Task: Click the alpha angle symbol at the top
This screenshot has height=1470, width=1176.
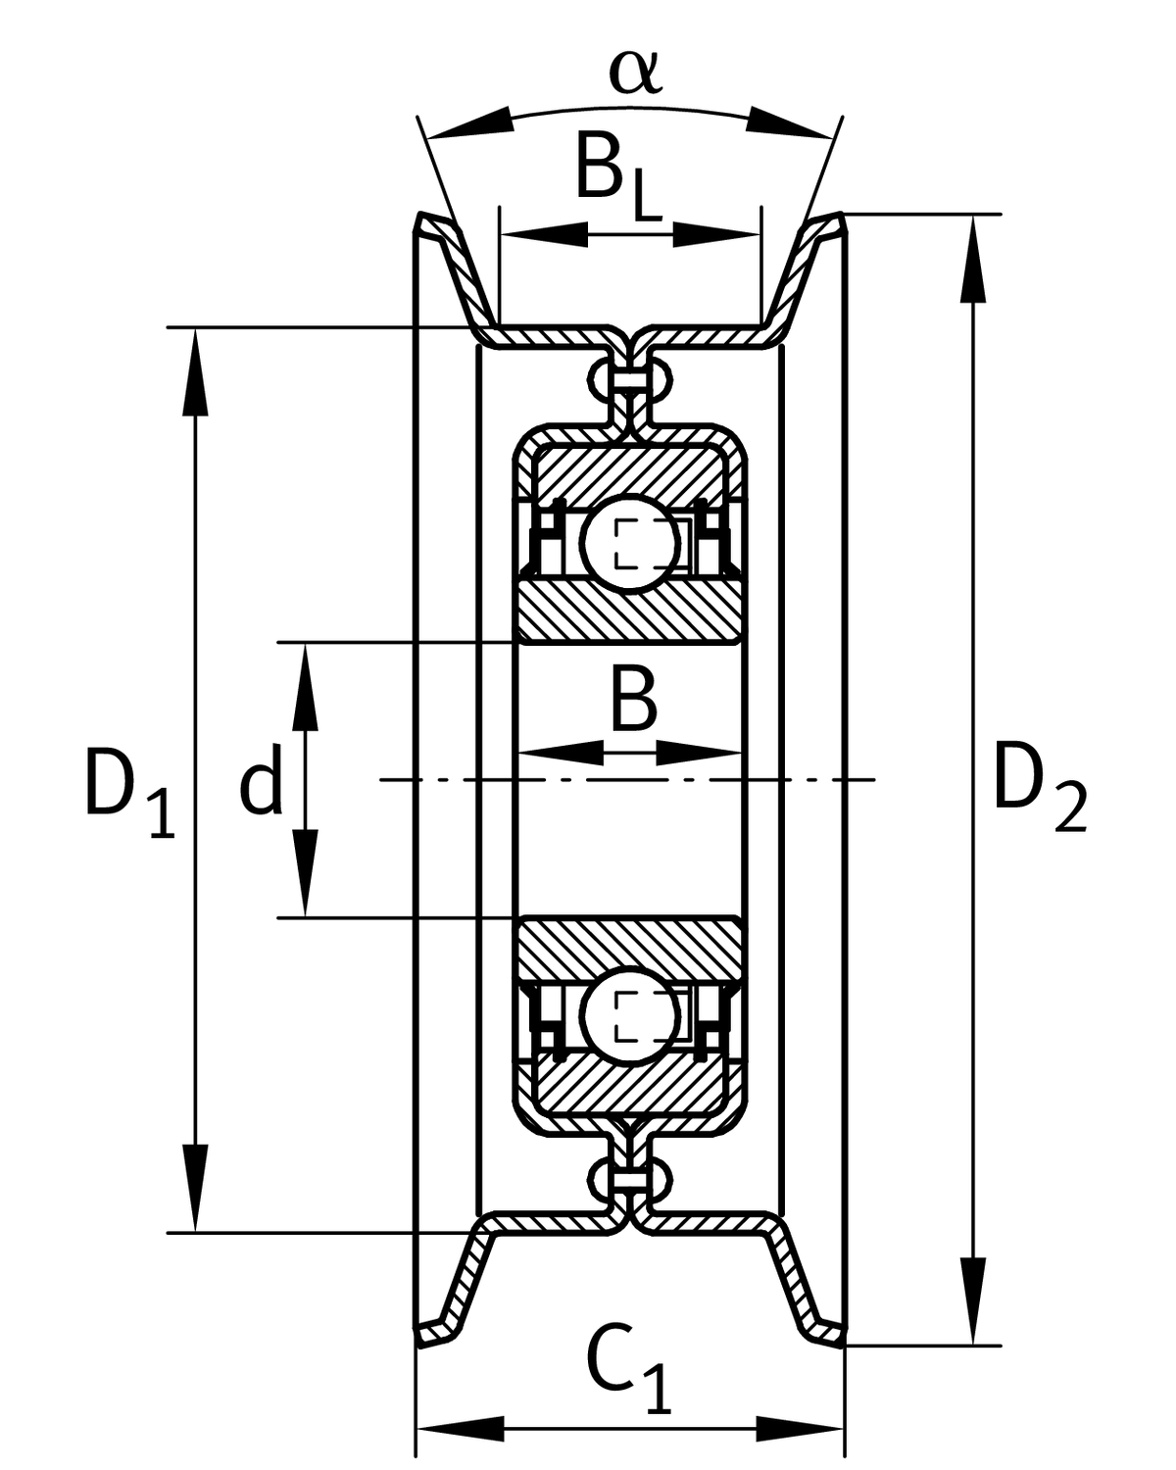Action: point(635,71)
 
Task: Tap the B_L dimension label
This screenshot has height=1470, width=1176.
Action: point(615,176)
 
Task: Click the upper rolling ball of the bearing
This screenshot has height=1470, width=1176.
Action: point(628,542)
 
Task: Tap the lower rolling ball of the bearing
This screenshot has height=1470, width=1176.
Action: point(628,1017)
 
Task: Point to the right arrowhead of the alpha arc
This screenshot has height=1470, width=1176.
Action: point(789,121)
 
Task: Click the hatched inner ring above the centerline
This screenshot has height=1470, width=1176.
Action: point(628,612)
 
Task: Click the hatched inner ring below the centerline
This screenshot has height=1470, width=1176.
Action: point(628,946)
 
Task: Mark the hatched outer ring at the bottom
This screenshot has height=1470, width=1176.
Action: point(628,1088)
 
